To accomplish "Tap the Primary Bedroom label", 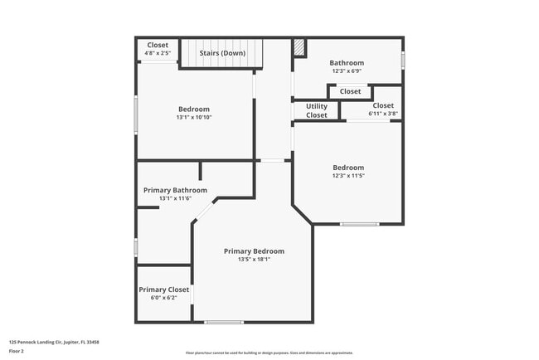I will click(254, 251).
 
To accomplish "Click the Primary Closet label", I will click(164, 289).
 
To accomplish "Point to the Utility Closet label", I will click(317, 110).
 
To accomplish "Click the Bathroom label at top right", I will click(347, 62).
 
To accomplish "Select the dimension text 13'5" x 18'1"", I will click(254, 260).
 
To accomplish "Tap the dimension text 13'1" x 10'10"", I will click(194, 118).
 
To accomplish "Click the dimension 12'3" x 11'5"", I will click(348, 176).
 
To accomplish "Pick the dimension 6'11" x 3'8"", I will click(383, 114).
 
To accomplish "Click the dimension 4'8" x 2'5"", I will click(158, 54).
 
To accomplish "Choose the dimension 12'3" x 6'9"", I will click(347, 71).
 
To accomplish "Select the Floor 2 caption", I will click(16, 351).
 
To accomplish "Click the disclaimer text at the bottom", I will click(269, 353).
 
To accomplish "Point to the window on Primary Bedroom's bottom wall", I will click(224, 322).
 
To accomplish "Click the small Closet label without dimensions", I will click(350, 91).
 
